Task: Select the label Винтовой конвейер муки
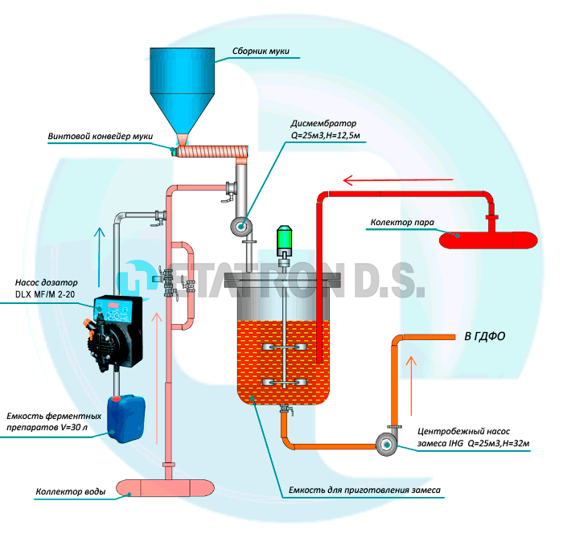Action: coord(101,135)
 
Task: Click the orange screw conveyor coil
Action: coord(211,150)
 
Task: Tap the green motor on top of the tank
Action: coord(284,239)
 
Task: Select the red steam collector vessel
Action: coord(486,239)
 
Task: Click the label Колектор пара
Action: coord(401,221)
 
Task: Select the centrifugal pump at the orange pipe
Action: coord(385,443)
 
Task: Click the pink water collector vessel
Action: coord(166,487)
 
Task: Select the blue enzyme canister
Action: coord(126,418)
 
